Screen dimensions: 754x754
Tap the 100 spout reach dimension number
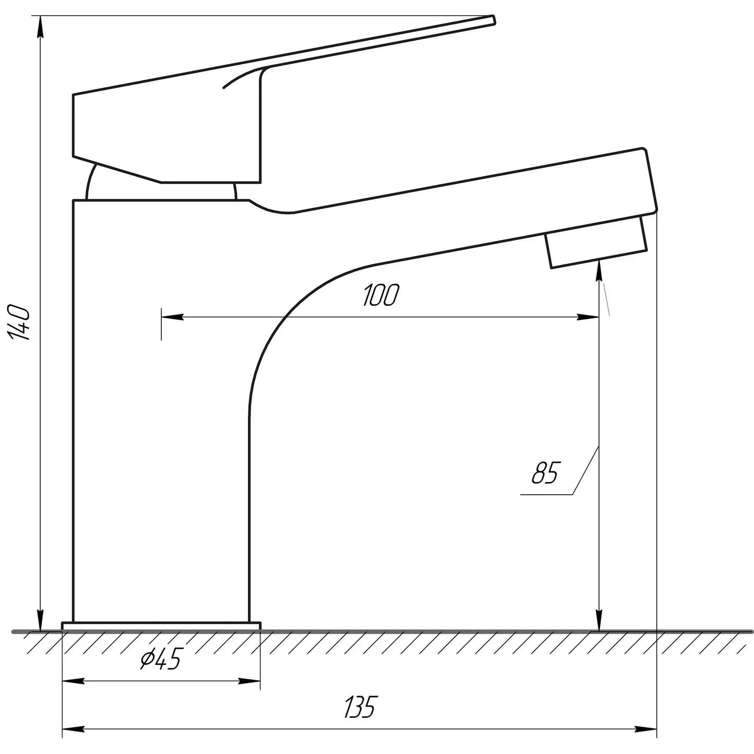coord(380,296)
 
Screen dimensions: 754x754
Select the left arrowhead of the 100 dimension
coord(172,317)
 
